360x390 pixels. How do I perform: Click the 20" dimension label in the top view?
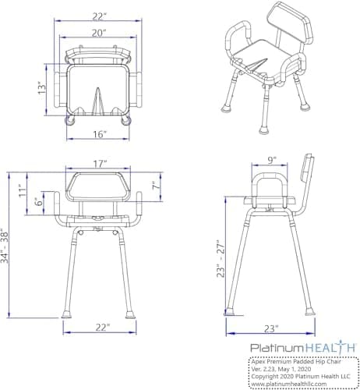click(x=98, y=33)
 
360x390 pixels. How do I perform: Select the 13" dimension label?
click(x=42, y=88)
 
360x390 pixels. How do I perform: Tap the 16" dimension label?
click(x=100, y=134)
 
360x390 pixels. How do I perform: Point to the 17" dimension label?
click(x=100, y=164)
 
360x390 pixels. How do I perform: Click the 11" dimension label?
click(x=23, y=190)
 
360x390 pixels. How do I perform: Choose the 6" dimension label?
click(x=38, y=201)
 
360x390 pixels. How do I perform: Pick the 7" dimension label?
click(x=155, y=186)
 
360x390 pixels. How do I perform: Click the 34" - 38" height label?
click(x=5, y=246)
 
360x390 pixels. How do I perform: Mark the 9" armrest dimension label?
click(x=271, y=161)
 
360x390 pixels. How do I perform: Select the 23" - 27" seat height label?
click(x=221, y=260)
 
